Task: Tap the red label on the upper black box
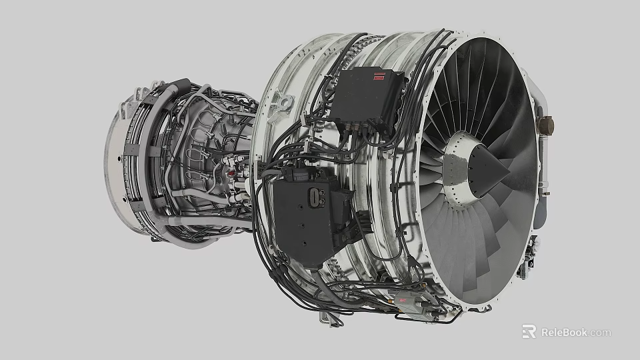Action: click(381, 76)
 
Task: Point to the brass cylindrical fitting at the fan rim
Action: click(545, 124)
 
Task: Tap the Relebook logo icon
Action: click(529, 331)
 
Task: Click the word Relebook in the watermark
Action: click(563, 332)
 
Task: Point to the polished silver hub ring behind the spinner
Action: click(458, 167)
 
